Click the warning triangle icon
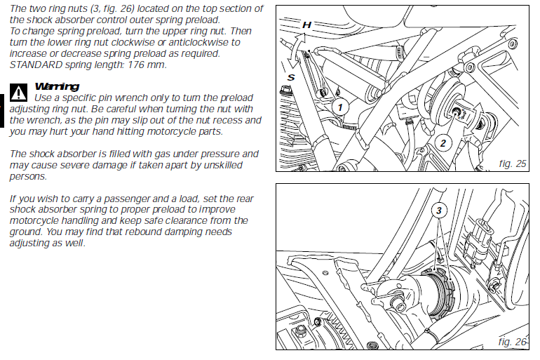pyautogui.click(x=18, y=91)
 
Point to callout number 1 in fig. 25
pyautogui.click(x=340, y=107)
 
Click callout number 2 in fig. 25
pyautogui.click(x=443, y=143)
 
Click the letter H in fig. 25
pyautogui.click(x=306, y=25)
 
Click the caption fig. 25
pyautogui.click(x=513, y=164)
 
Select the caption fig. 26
pyautogui.click(x=513, y=342)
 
